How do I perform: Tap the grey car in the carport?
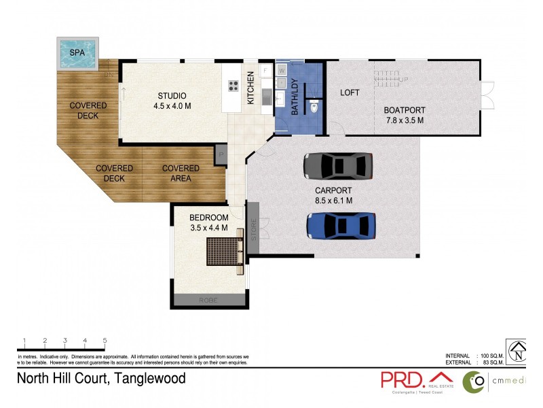pos(338,165)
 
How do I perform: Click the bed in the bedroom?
pos(225,252)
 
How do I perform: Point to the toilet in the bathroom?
pos(314,106)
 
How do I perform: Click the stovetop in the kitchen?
pos(233,86)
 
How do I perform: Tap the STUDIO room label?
pos(172,95)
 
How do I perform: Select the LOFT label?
pos(350,92)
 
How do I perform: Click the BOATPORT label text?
pos(404,110)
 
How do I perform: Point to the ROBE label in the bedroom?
pos(208,300)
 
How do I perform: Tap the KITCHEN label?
pos(250,88)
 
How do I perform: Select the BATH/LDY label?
pos(295,97)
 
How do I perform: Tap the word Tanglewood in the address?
pos(150,379)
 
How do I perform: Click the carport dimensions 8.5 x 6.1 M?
pos(333,201)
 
